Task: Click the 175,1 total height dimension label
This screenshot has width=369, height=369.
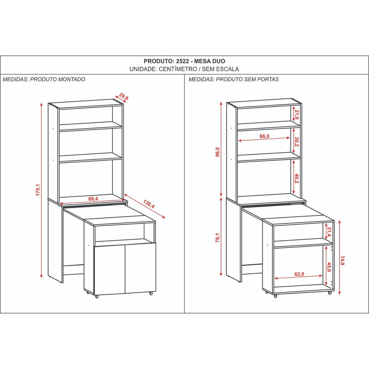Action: (38, 190)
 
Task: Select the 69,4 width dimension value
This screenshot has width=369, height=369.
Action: (93, 199)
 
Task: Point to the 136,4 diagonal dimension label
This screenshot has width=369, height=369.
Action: (149, 204)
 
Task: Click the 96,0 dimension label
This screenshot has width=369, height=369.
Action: (217, 152)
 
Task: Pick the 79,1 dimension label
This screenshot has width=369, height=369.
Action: (217, 238)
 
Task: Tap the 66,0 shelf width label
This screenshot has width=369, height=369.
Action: (264, 136)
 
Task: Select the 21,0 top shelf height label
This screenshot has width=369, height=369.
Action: (297, 115)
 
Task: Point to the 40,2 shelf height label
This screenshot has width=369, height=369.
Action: (297, 179)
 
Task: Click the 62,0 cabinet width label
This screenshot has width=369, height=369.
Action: (299, 274)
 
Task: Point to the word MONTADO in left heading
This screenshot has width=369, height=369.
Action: (72, 79)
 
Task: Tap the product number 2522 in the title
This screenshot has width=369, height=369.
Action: (183, 61)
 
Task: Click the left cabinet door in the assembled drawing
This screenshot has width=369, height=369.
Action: (110, 269)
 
